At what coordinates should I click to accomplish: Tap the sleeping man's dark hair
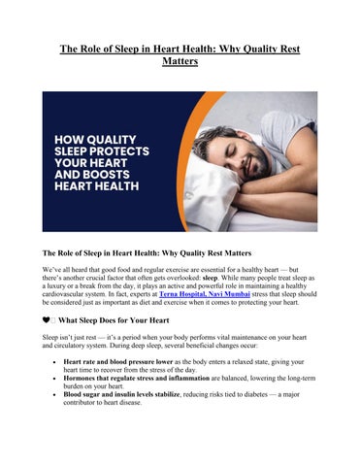(254, 118)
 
